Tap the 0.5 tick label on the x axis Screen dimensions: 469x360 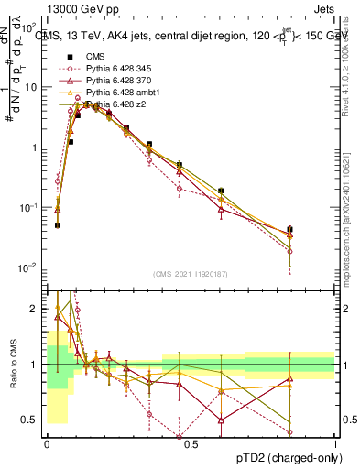pyautogui.click(x=191, y=443)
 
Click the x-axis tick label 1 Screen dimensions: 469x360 pyautogui.click(x=335, y=443)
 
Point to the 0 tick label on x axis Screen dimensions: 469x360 pyautogui.click(x=48, y=443)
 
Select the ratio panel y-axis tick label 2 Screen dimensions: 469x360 pyautogui.click(x=36, y=309)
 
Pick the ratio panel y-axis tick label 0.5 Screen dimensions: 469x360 pyautogui.click(x=31, y=420)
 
